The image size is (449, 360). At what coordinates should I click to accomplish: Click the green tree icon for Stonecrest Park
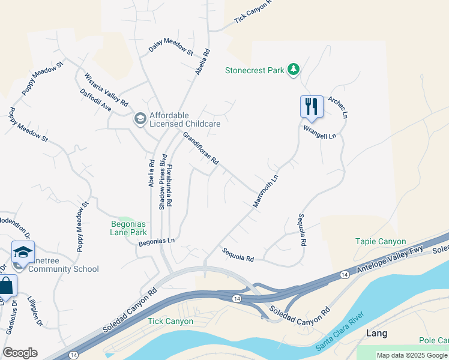(293, 70)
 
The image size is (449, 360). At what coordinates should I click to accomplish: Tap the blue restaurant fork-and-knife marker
(312, 106)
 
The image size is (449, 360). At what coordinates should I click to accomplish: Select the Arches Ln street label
(338, 106)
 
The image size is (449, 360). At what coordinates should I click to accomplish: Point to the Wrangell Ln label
(320, 132)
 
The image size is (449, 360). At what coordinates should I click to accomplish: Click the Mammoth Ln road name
(266, 191)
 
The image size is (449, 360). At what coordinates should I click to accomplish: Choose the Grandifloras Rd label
(200, 149)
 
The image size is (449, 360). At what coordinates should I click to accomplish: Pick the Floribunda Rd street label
(170, 185)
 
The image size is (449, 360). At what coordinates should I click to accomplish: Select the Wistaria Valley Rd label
(106, 90)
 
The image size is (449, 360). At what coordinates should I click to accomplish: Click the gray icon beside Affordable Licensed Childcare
(140, 119)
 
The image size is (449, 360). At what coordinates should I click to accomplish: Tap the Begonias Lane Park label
(129, 228)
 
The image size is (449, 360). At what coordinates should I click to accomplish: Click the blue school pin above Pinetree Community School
(23, 253)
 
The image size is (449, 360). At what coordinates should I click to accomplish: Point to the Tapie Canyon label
(381, 241)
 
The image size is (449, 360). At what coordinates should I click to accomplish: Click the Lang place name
(376, 333)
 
